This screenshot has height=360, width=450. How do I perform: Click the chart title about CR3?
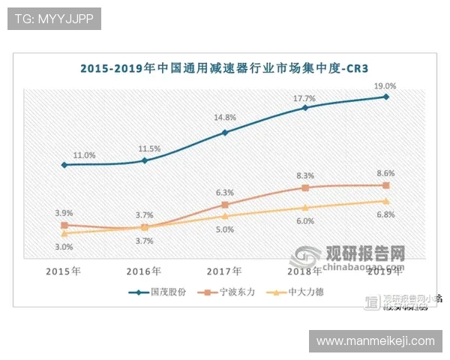pyautogui.click(x=225, y=68)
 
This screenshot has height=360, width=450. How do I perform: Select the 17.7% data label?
pyautogui.click(x=304, y=98)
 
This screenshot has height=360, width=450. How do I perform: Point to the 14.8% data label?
pyautogui.click(x=224, y=117)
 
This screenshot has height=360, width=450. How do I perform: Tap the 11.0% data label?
pyautogui.click(x=84, y=155)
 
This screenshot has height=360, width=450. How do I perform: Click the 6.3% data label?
pyautogui.click(x=224, y=192)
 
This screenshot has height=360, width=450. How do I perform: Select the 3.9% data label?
pyautogui.click(x=64, y=213)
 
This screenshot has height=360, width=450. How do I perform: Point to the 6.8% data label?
pyautogui.click(x=385, y=215)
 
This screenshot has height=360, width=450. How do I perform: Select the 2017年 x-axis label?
pyautogui.click(x=224, y=271)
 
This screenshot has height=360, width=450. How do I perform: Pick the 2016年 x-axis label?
pyautogui.click(x=144, y=271)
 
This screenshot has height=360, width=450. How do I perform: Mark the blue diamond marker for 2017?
pyautogui.click(x=224, y=133)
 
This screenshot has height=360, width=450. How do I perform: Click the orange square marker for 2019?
pyautogui.click(x=385, y=184)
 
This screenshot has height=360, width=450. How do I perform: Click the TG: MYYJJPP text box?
pyautogui.click(x=54, y=19)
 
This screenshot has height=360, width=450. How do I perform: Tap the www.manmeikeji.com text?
pyautogui.click(x=375, y=341)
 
